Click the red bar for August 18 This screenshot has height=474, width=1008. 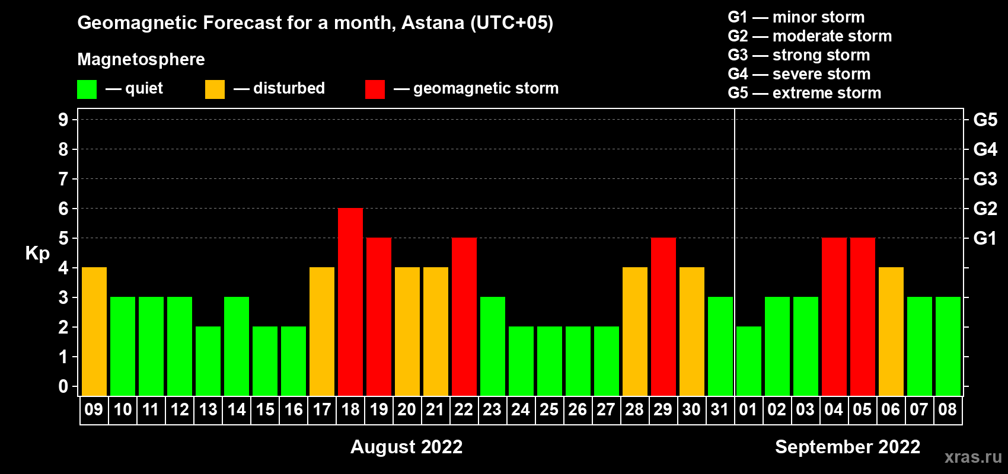pos(350,302)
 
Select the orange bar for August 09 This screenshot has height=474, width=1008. pos(94,331)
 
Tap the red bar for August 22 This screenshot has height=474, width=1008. pos(464,316)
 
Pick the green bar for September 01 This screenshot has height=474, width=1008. pos(749,361)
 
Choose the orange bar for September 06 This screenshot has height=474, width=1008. pos(891,331)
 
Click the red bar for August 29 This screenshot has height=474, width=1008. pos(664,316)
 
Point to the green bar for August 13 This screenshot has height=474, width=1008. pos(208,361)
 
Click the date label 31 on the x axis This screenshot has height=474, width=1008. pos(720,409)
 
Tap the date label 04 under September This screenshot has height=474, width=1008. pos(834,409)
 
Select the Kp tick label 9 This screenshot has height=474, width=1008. pos(63,120)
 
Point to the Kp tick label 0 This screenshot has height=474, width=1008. pos(63,386)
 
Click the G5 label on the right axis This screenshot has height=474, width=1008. pos(985,120)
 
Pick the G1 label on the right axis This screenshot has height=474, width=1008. pos(985,238)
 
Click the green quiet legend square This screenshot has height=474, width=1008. pos(87,89)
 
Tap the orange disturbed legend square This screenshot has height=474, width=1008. pos(215,89)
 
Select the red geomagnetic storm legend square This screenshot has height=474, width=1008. pos(375,89)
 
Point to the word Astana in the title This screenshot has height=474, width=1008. pos(432,23)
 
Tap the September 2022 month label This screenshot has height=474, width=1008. pos(847,447)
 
